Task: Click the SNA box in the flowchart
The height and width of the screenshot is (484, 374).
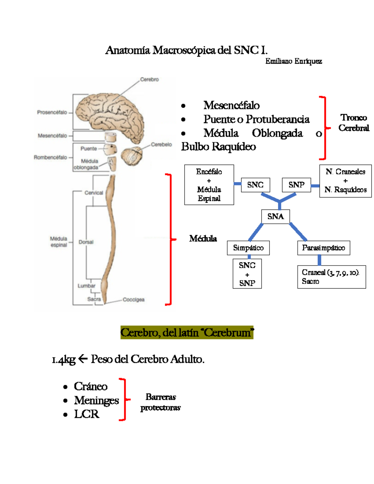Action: (x=276, y=216)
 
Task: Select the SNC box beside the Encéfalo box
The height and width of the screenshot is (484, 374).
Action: (x=255, y=185)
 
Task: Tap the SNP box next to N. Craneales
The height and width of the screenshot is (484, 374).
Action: (x=296, y=185)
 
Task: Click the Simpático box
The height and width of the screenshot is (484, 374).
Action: (x=248, y=248)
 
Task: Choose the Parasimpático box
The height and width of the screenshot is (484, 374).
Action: (x=324, y=248)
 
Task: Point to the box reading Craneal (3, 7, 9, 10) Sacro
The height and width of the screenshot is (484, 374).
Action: (x=331, y=277)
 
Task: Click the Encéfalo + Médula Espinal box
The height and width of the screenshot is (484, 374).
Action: (x=209, y=185)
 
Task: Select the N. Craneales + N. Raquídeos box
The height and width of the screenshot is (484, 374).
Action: (x=345, y=181)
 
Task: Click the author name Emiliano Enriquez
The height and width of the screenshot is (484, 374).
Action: (x=293, y=61)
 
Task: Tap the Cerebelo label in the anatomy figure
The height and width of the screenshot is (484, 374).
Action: (x=161, y=144)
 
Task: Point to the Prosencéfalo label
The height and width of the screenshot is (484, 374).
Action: (x=52, y=112)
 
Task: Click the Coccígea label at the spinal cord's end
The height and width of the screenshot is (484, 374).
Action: (x=133, y=300)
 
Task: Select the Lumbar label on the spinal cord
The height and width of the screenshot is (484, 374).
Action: (x=86, y=285)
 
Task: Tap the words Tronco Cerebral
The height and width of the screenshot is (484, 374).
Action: (x=353, y=122)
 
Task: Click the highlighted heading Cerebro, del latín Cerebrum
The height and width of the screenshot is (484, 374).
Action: (x=187, y=333)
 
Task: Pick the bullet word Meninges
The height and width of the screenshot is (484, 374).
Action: (x=96, y=400)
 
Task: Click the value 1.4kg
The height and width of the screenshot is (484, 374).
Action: (x=64, y=359)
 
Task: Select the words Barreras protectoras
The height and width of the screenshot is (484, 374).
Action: (x=161, y=402)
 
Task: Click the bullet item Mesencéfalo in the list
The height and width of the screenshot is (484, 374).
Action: (x=231, y=105)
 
